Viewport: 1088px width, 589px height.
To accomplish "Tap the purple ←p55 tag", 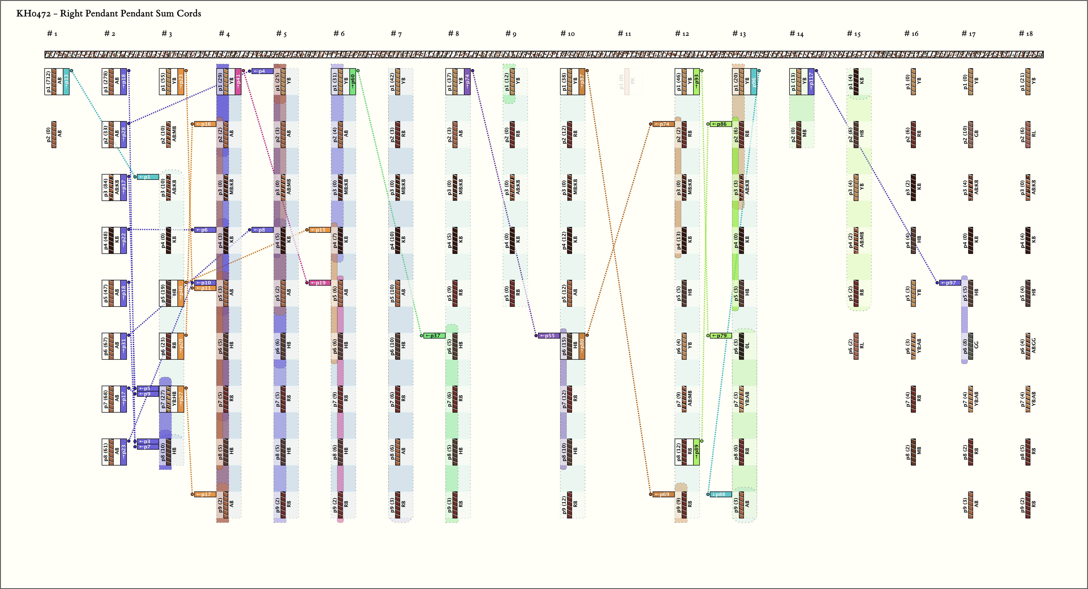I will [549, 335].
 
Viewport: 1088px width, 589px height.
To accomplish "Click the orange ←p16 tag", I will [205, 124].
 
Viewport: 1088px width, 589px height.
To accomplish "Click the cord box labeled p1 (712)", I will [57, 82].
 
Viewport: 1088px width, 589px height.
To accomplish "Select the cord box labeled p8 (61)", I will [114, 452].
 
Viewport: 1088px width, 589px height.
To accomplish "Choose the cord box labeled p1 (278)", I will [114, 82].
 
